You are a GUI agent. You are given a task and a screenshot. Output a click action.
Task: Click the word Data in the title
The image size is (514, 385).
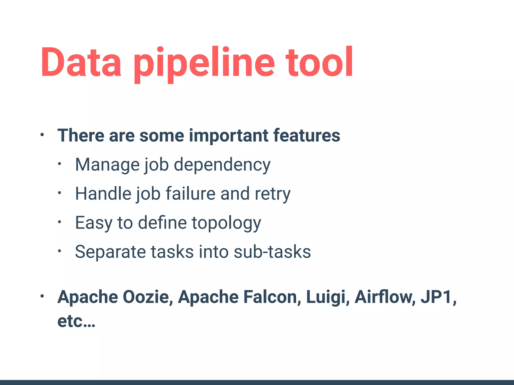coord(81,62)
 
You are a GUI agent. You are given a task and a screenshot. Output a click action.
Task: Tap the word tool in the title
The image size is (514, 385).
coord(319,62)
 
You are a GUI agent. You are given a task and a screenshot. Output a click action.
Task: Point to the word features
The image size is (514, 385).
coord(306,136)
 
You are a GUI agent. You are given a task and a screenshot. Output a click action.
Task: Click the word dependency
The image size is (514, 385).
coord(222,165)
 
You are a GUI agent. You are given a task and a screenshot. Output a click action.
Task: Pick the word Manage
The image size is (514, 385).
coord(107,165)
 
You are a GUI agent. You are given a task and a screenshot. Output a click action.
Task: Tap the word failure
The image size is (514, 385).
coord(190,194)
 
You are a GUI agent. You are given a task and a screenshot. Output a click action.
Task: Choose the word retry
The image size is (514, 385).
coord(273,194)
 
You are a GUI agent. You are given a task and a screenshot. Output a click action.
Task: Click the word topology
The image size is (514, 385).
coord(226,223)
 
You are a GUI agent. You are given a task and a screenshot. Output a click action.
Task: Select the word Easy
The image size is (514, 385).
coord(94,223)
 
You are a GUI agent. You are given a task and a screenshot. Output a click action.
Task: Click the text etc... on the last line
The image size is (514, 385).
coord(76,321)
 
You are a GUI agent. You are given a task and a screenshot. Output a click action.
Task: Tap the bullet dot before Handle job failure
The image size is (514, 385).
coord(59,193)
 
